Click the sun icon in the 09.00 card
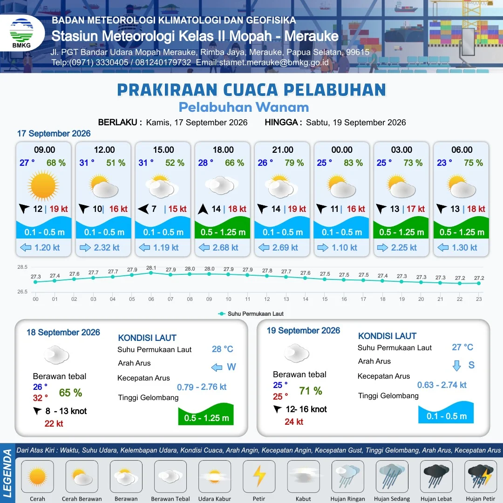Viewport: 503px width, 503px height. pyautogui.click(x=43, y=186)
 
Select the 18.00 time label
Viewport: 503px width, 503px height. pyautogui.click(x=223, y=150)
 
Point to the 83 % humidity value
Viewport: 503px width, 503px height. pyautogui.click(x=353, y=163)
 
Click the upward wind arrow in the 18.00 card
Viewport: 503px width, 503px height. pyautogui.click(x=203, y=209)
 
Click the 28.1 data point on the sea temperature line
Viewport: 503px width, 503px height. pyautogui.click(x=151, y=273)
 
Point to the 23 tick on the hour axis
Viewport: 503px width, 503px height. pyautogui.click(x=479, y=299)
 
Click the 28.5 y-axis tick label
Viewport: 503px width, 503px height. pyautogui.click(x=22, y=267)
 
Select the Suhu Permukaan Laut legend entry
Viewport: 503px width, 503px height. pyautogui.click(x=251, y=314)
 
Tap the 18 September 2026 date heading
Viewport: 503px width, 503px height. pyautogui.click(x=63, y=333)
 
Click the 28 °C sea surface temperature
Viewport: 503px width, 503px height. pyautogui.click(x=222, y=349)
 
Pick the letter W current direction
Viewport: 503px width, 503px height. pyautogui.click(x=231, y=367)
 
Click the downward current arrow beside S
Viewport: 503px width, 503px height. pyautogui.click(x=456, y=366)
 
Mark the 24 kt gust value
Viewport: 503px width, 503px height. pyautogui.click(x=294, y=422)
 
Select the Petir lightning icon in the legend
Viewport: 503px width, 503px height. pyautogui.click(x=259, y=476)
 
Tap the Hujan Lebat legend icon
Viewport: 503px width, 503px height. pyautogui.click(x=436, y=476)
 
